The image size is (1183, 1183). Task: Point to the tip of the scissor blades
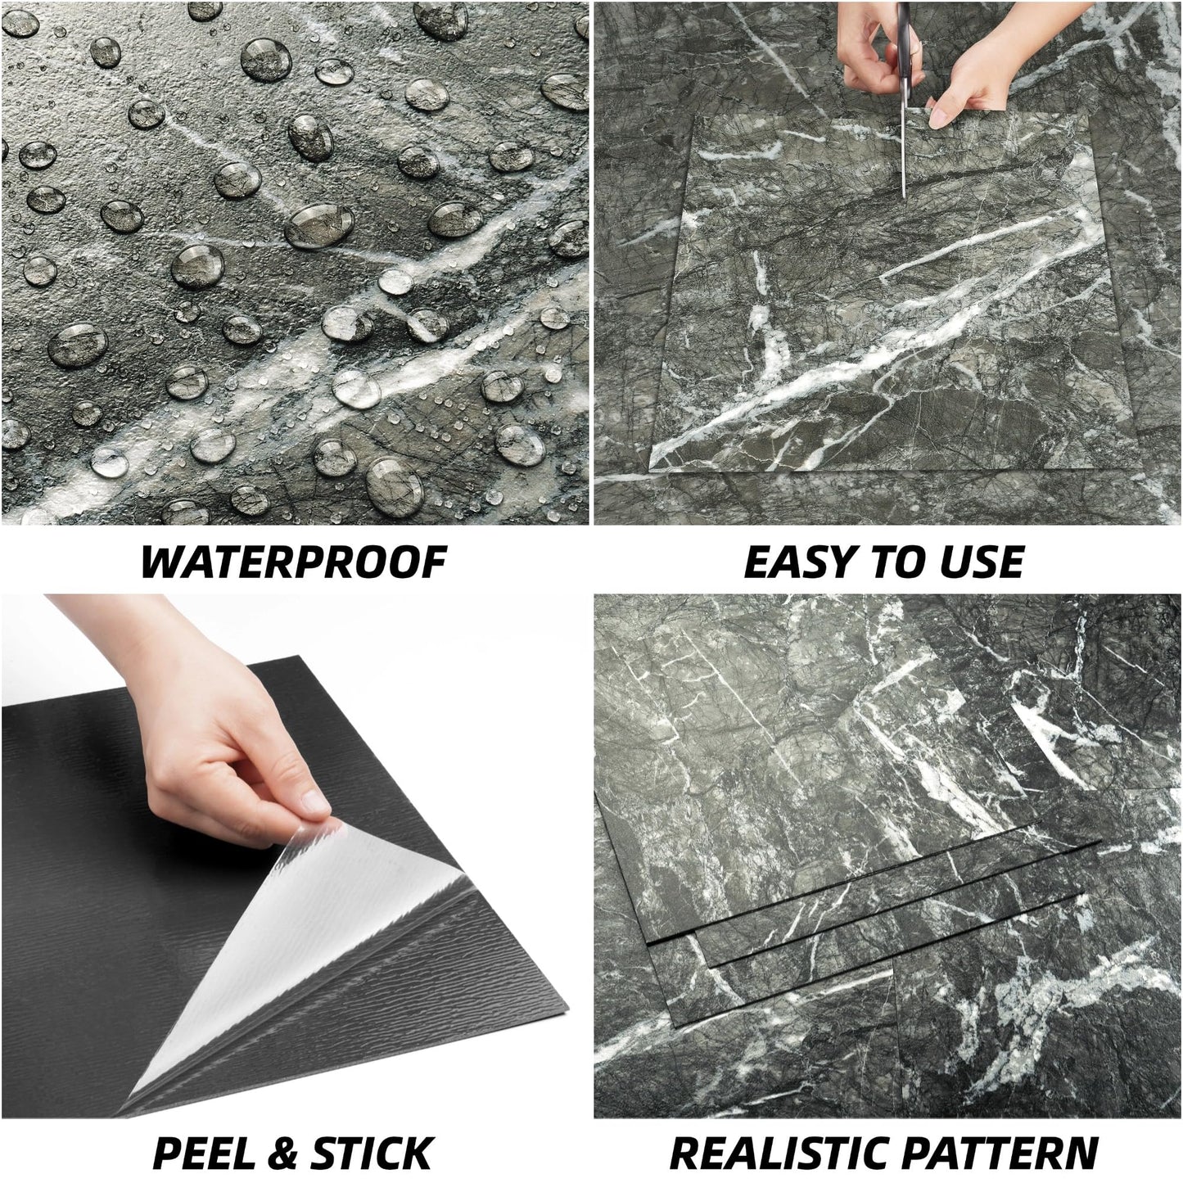click(x=904, y=196)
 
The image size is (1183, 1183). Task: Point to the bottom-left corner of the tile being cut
click(x=650, y=469)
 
